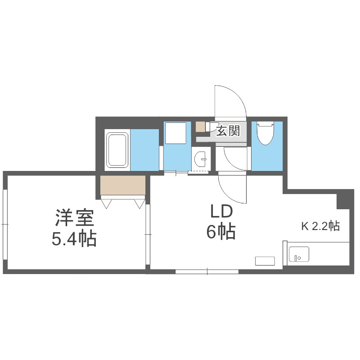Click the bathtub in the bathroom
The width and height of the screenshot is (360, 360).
click(117, 149)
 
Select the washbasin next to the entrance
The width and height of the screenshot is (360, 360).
click(201, 159)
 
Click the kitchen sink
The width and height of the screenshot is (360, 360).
click(298, 255)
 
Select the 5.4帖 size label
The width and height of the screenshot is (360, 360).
click(74, 238)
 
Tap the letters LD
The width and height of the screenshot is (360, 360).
click(220, 211)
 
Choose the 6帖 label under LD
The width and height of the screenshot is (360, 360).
click(220, 232)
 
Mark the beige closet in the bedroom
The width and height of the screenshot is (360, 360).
click(123, 185)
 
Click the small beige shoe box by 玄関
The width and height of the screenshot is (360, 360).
click(200, 126)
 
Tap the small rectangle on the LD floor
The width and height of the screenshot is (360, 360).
click(265, 261)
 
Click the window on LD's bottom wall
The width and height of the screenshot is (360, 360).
click(207, 271)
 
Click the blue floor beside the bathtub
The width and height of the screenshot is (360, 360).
click(145, 149)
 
